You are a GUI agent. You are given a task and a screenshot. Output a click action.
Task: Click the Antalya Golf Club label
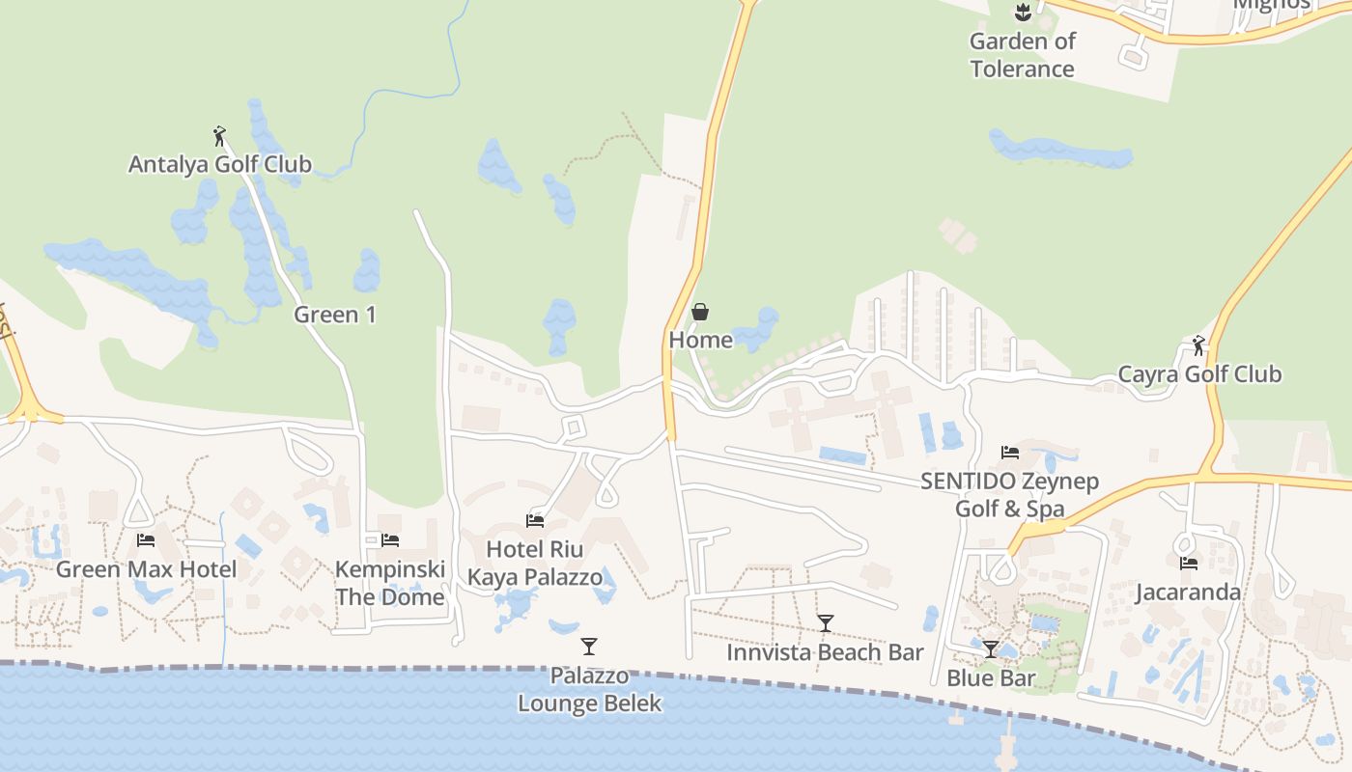(x=220, y=164)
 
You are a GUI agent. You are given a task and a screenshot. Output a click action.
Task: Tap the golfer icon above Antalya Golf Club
(x=219, y=136)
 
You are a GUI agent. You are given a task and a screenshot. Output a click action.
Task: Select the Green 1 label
(x=334, y=315)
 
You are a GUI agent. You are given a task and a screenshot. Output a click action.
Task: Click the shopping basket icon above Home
(x=700, y=312)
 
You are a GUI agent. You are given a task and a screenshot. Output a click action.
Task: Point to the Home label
(x=700, y=340)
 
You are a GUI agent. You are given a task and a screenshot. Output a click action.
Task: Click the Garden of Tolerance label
(x=1022, y=55)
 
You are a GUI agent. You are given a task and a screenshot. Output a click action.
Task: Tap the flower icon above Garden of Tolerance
(x=1022, y=13)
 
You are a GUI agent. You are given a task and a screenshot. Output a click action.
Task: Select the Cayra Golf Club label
(x=1199, y=373)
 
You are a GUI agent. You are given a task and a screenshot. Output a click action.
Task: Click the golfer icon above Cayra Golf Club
(x=1198, y=345)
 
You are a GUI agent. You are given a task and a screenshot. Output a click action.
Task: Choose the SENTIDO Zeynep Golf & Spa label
(x=1009, y=495)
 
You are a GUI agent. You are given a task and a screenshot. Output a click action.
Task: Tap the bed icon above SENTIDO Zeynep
(x=1010, y=452)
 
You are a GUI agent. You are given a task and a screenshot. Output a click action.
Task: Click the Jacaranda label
(x=1188, y=592)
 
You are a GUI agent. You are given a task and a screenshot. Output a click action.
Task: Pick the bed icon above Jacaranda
(x=1188, y=564)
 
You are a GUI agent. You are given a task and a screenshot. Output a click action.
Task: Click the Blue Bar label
(x=991, y=677)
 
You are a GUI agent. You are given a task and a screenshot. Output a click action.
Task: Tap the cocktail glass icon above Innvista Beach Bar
(x=825, y=623)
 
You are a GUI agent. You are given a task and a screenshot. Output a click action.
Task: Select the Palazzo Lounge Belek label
(x=589, y=689)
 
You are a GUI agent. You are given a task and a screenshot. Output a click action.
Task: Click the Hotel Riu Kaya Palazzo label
(x=535, y=564)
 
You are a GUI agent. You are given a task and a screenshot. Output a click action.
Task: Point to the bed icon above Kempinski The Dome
(x=390, y=540)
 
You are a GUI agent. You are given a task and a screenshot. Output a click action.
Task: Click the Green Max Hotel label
(x=146, y=568)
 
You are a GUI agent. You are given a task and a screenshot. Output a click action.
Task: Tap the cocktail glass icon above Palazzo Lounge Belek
(x=589, y=647)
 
